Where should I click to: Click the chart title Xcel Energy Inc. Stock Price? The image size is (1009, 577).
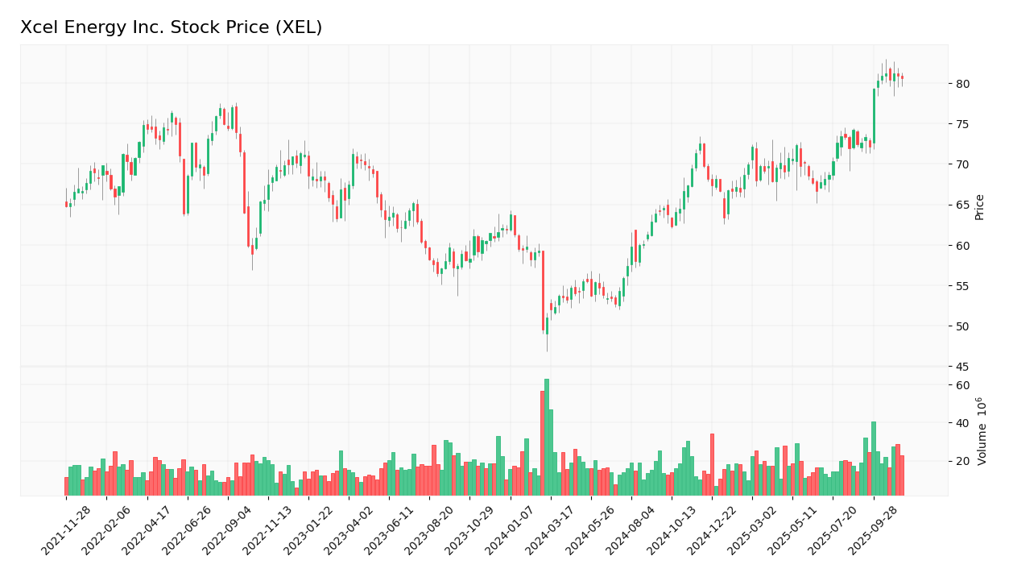click(171, 27)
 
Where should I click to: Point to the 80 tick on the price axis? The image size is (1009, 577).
click(963, 84)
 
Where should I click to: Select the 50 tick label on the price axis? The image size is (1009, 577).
click(963, 326)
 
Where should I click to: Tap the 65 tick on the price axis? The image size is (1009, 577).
click(963, 205)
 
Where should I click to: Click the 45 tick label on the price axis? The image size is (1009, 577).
click(963, 367)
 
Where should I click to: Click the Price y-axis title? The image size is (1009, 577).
click(980, 206)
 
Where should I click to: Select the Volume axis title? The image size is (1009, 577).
click(982, 431)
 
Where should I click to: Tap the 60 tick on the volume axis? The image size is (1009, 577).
click(962, 385)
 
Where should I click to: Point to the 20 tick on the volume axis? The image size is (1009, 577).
click(962, 462)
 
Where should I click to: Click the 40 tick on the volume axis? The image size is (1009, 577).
click(962, 423)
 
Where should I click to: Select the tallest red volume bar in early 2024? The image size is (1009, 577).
click(543, 443)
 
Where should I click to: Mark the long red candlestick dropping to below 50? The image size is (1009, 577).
click(543, 291)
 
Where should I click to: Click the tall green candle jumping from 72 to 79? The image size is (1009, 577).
click(874, 116)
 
